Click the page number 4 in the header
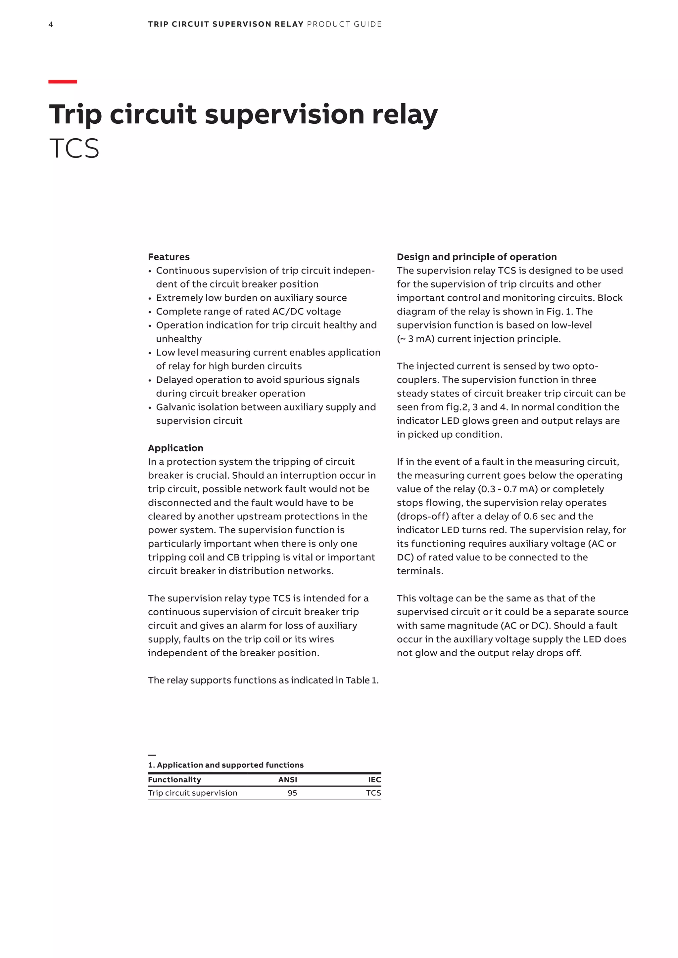tap(51, 24)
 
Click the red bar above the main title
tap(63, 82)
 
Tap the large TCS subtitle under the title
tap(74, 149)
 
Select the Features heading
tap(169, 257)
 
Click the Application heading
tap(175, 448)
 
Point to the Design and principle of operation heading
tap(476, 257)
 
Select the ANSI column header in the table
tap(288, 780)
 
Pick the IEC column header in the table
tap(374, 780)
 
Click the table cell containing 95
tap(292, 793)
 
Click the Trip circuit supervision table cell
tap(192, 793)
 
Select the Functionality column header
tap(174, 780)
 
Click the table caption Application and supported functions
tap(230, 765)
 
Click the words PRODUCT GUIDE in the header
tap(344, 24)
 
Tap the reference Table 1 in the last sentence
tap(361, 680)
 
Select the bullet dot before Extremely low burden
tap(149, 299)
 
